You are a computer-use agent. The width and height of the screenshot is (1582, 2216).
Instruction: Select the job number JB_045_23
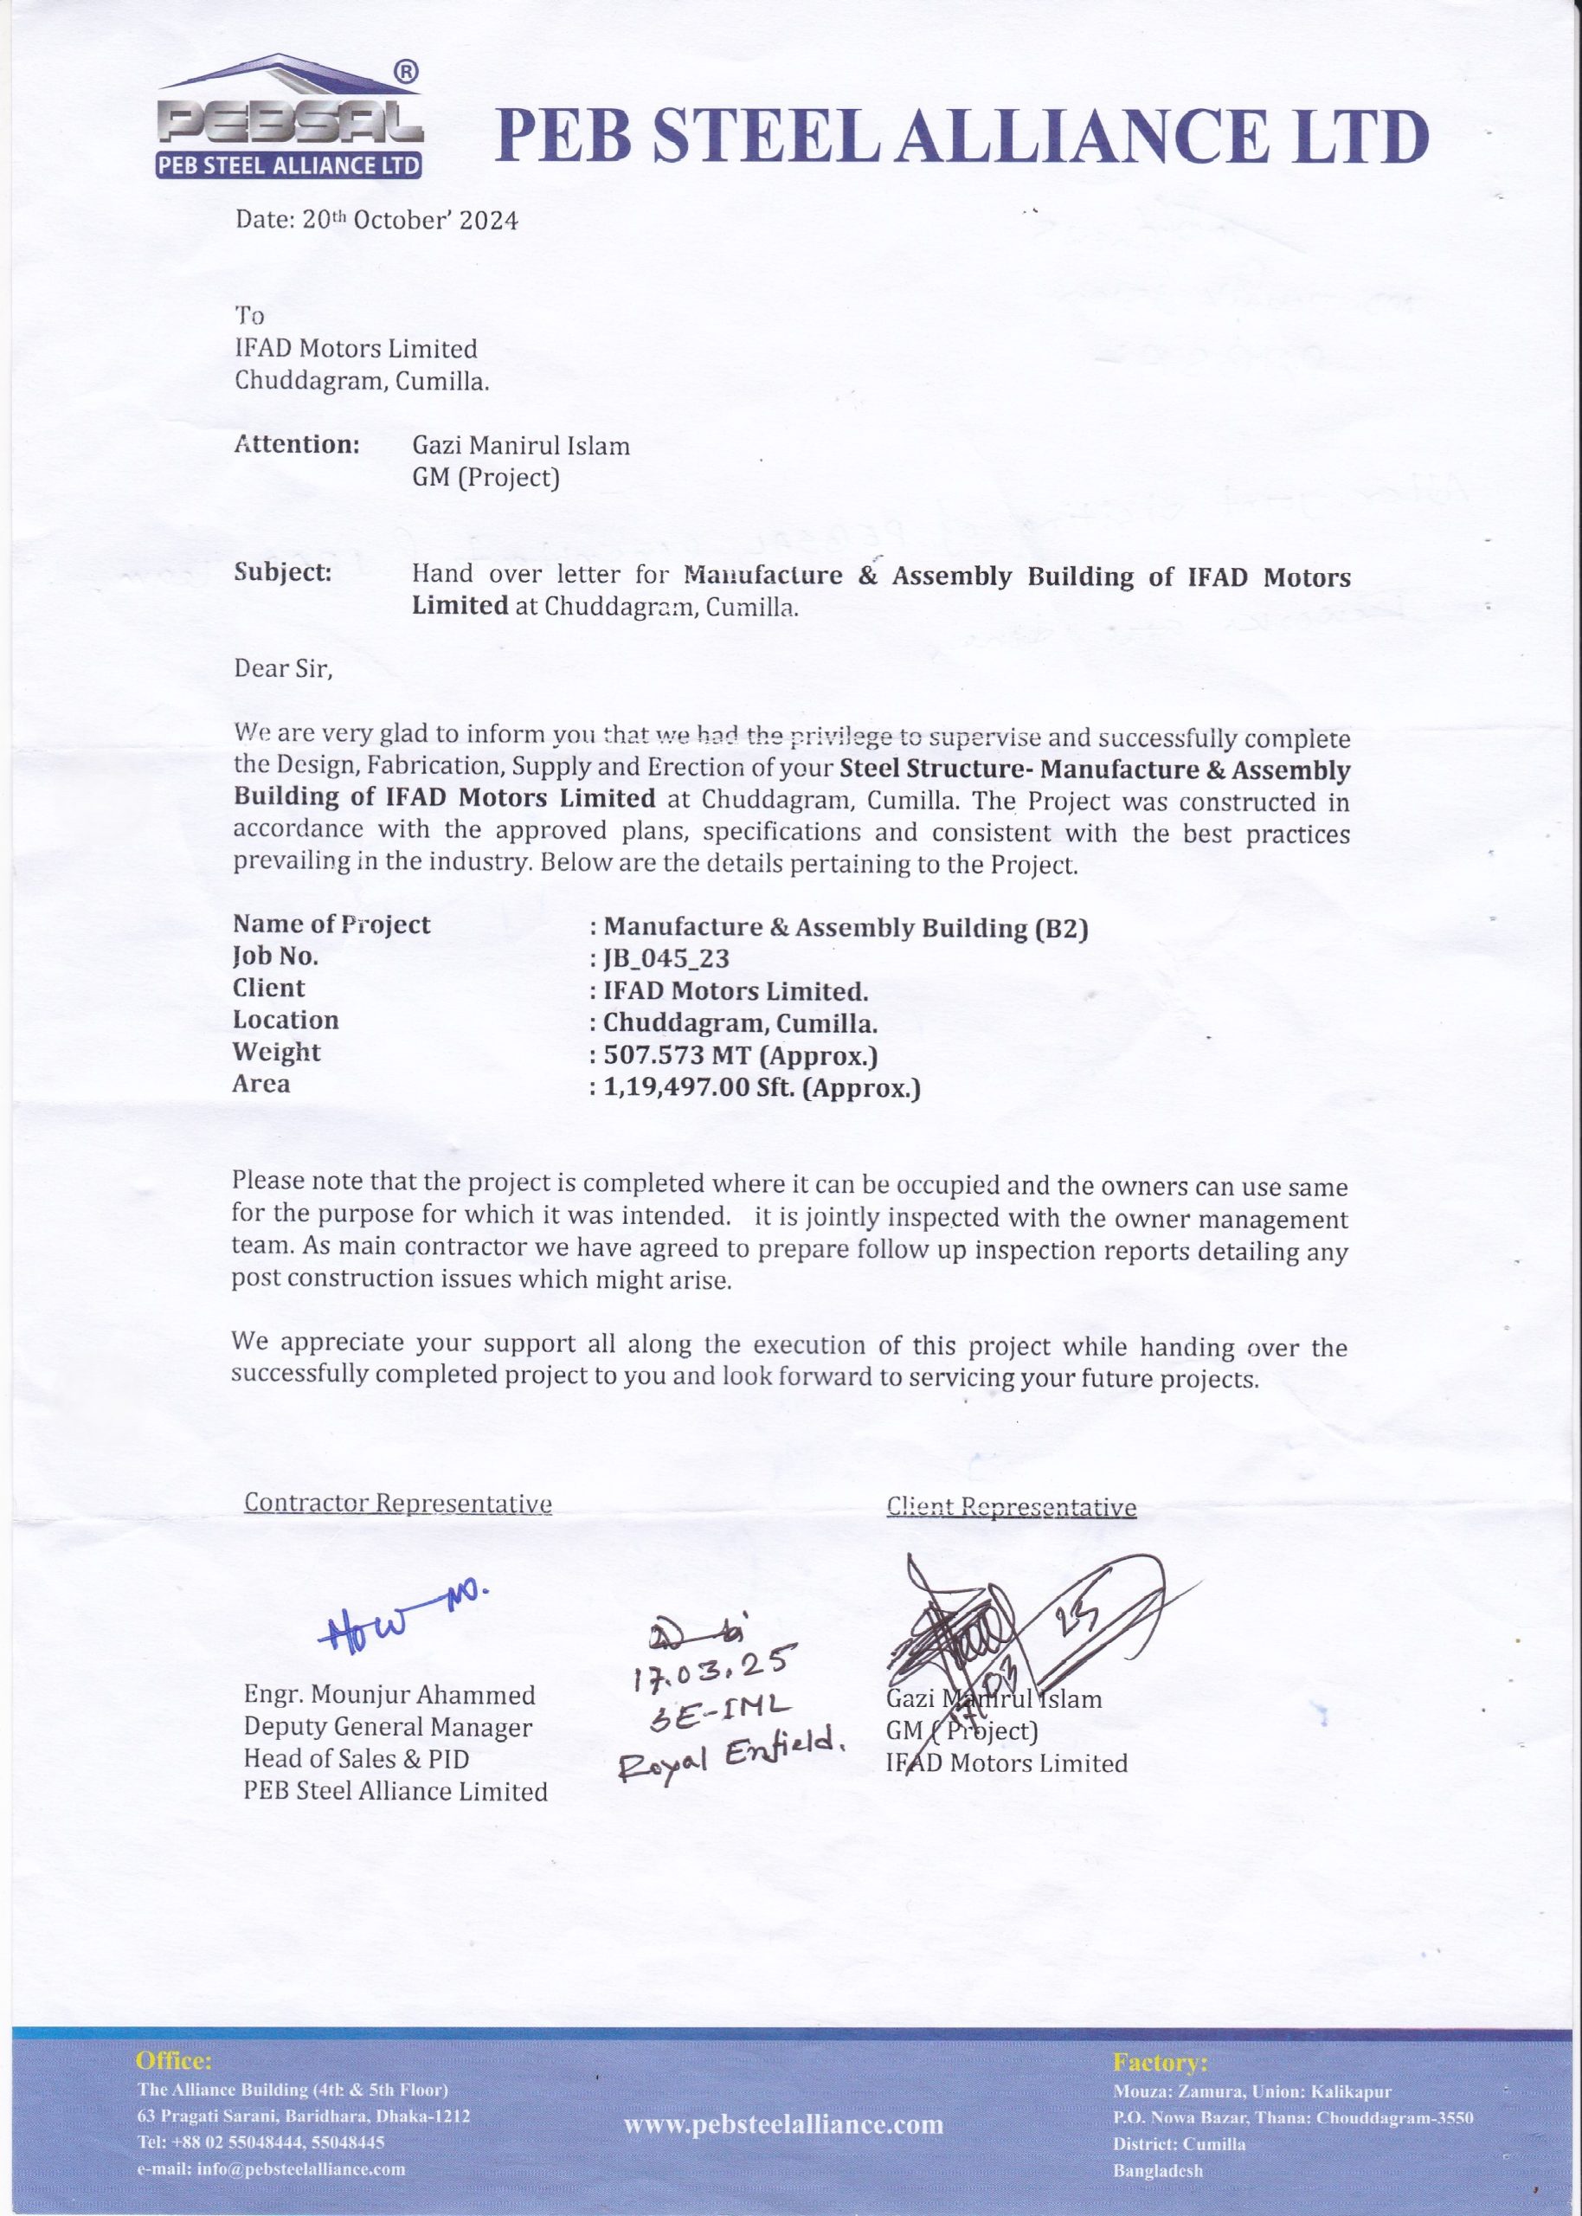click(666, 958)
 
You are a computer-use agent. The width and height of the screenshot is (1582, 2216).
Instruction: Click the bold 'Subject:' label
click(282, 573)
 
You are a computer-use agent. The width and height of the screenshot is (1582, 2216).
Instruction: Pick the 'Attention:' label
click(297, 445)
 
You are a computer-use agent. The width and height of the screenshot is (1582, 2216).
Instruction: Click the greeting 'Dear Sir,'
click(282, 668)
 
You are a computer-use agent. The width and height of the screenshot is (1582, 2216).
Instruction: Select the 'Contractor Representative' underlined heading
click(397, 1503)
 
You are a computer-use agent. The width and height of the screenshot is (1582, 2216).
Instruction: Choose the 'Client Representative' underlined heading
click(1011, 1507)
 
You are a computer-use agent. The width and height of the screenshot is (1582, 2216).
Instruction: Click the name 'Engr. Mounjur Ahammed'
click(389, 1695)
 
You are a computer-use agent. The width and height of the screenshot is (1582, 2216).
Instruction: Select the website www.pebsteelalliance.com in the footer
click(783, 2124)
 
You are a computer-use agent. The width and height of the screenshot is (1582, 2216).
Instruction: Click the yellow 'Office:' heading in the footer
click(173, 2060)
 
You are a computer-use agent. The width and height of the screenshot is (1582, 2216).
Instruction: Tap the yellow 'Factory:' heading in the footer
click(1159, 2062)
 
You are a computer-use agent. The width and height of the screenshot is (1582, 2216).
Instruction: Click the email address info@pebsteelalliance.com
click(271, 2169)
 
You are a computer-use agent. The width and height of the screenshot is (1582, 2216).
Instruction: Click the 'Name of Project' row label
click(331, 924)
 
